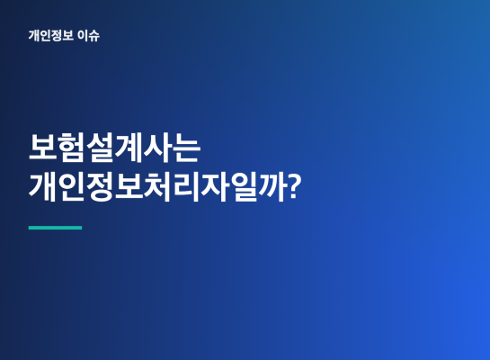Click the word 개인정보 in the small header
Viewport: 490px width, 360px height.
pos(51,35)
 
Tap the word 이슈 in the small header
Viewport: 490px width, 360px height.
pos(88,35)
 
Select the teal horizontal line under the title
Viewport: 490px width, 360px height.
pos(56,228)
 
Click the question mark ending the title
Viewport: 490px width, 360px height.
pos(294,186)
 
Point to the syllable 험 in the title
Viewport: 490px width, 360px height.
pos(71,148)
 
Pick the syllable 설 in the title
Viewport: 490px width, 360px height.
pos(100,148)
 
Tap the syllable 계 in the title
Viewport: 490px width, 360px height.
pos(129,148)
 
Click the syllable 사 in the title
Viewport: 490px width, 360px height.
pos(157,148)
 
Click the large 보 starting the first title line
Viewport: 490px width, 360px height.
pos(42,148)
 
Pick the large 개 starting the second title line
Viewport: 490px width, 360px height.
pos(42,186)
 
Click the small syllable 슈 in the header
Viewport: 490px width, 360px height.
pos(94,36)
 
